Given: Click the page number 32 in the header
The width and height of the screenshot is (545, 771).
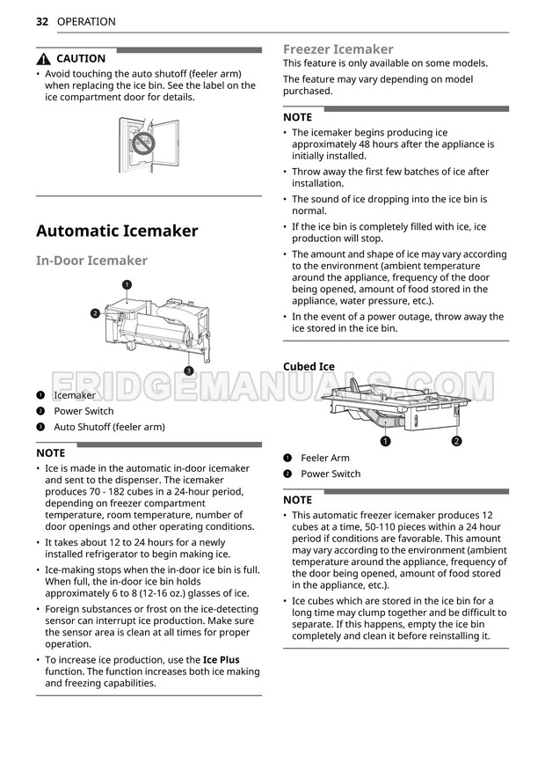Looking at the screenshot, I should click(x=42, y=21).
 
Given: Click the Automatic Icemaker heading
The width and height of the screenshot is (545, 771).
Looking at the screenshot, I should click(x=117, y=231).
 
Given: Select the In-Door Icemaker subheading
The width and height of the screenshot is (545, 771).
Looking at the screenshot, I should click(x=91, y=261).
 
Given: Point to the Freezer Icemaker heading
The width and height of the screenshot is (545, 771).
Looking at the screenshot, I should click(x=338, y=49).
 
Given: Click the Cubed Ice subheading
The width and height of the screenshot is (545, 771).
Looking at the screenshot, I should click(x=309, y=366).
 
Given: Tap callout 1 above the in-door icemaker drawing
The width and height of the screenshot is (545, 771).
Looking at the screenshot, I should click(x=127, y=284).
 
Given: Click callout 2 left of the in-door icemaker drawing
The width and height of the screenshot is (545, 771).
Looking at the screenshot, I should click(x=94, y=313).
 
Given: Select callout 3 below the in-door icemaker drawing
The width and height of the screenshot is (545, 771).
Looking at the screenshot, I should click(x=188, y=371).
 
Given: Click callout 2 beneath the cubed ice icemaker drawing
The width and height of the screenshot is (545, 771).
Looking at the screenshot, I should click(x=456, y=441).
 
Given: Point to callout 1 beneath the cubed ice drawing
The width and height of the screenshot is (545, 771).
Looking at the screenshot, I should click(x=385, y=441).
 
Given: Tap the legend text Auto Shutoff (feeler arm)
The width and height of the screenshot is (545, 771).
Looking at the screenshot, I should click(x=109, y=427).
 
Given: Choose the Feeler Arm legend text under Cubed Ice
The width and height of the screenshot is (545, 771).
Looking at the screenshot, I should click(x=324, y=458).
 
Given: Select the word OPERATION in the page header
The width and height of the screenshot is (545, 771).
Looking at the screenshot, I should click(x=86, y=21).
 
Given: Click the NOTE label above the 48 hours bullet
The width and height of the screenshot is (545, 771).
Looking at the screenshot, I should click(x=297, y=117).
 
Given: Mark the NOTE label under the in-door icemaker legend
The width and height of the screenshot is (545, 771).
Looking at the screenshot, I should click(x=50, y=452).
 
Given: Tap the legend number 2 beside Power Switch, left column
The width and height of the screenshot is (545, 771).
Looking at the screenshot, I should click(x=40, y=411).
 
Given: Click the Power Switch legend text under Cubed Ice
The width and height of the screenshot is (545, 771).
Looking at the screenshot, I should click(x=331, y=474).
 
